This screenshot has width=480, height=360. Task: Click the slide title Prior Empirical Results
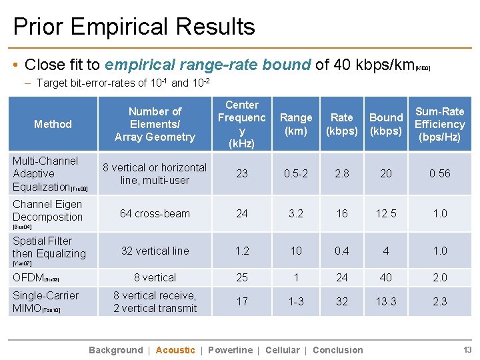click(x=134, y=27)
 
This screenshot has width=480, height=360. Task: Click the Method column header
click(x=53, y=124)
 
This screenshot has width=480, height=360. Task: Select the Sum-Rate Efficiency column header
click(x=439, y=124)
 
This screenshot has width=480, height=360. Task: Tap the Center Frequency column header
click(x=242, y=124)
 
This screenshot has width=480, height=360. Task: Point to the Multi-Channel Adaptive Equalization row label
click(x=45, y=173)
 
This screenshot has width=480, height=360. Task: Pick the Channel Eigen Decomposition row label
click(x=47, y=211)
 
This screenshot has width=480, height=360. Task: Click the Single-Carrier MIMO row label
click(x=45, y=301)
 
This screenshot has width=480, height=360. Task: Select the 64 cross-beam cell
click(x=155, y=213)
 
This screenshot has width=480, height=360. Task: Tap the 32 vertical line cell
click(x=155, y=251)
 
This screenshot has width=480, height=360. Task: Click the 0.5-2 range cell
click(x=296, y=173)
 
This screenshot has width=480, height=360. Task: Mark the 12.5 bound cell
click(x=386, y=213)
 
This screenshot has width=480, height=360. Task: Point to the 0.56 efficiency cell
click(x=439, y=173)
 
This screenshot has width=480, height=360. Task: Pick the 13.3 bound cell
click(x=386, y=301)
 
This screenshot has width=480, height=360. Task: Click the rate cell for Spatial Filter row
click(x=342, y=251)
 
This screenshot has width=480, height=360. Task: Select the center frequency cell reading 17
click(x=242, y=301)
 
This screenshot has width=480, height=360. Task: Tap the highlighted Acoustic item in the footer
click(x=175, y=350)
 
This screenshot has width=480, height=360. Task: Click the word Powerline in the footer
click(x=230, y=350)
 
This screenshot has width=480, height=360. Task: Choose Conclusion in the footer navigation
click(x=338, y=350)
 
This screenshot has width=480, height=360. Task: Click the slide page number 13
click(x=467, y=350)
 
